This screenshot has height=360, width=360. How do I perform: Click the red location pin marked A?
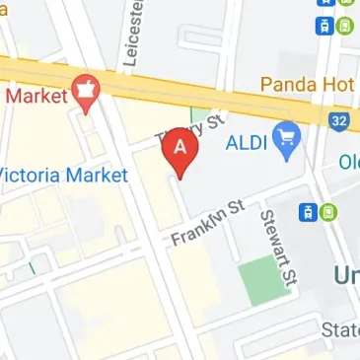(180, 151)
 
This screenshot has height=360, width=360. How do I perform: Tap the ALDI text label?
(247, 140)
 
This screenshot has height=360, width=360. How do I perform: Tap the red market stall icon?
(86, 90)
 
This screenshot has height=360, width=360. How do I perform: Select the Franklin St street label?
(207, 223)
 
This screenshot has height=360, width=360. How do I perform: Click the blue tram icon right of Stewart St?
(308, 211)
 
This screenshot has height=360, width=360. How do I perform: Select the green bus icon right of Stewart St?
(327, 211)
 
